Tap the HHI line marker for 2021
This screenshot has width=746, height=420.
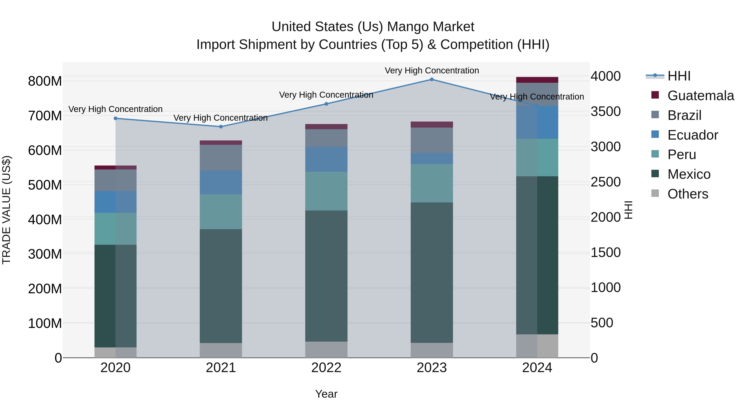tap(221, 127)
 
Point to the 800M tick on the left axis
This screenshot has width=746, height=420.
tap(45, 81)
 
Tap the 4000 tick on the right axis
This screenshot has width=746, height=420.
tap(606, 76)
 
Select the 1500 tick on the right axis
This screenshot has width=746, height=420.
tap(606, 252)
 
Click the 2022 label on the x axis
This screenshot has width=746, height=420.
tap(326, 368)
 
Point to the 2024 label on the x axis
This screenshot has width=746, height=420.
tap(537, 368)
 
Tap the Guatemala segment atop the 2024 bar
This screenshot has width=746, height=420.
tap(537, 80)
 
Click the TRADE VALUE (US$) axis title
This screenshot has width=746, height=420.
tap(6, 210)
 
